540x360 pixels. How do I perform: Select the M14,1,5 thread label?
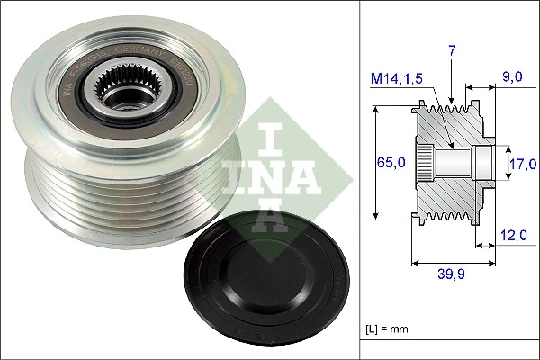397,78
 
